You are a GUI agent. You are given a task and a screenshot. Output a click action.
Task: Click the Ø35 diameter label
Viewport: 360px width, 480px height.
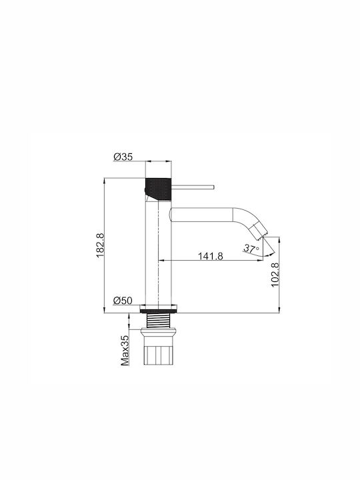(x=123, y=157)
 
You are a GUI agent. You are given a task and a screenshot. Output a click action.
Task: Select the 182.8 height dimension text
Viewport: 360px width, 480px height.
(x=101, y=245)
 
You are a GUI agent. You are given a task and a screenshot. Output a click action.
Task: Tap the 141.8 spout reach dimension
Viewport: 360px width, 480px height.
(x=211, y=256)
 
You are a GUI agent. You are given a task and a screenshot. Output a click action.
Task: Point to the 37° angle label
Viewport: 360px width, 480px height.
(x=251, y=248)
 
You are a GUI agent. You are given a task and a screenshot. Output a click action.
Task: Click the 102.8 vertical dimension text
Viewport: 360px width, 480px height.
(x=275, y=275)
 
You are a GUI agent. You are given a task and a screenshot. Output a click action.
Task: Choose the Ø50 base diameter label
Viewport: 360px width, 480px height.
(x=123, y=301)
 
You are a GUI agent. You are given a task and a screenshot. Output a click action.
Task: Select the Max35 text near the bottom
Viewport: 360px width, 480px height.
(x=125, y=351)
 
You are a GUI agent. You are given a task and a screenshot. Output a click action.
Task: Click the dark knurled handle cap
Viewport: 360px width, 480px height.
(x=158, y=189)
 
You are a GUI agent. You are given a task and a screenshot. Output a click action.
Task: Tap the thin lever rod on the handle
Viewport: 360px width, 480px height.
(x=193, y=187)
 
